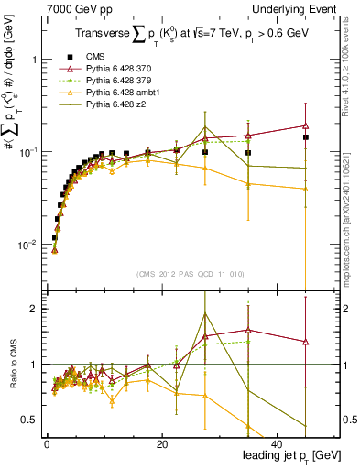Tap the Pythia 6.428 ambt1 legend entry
point(116,93)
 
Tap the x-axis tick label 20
point(162,444)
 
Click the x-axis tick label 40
point(278,444)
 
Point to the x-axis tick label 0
point(47,444)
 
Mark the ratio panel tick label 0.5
point(33,420)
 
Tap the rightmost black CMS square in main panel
point(306,137)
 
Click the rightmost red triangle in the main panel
point(306,125)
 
